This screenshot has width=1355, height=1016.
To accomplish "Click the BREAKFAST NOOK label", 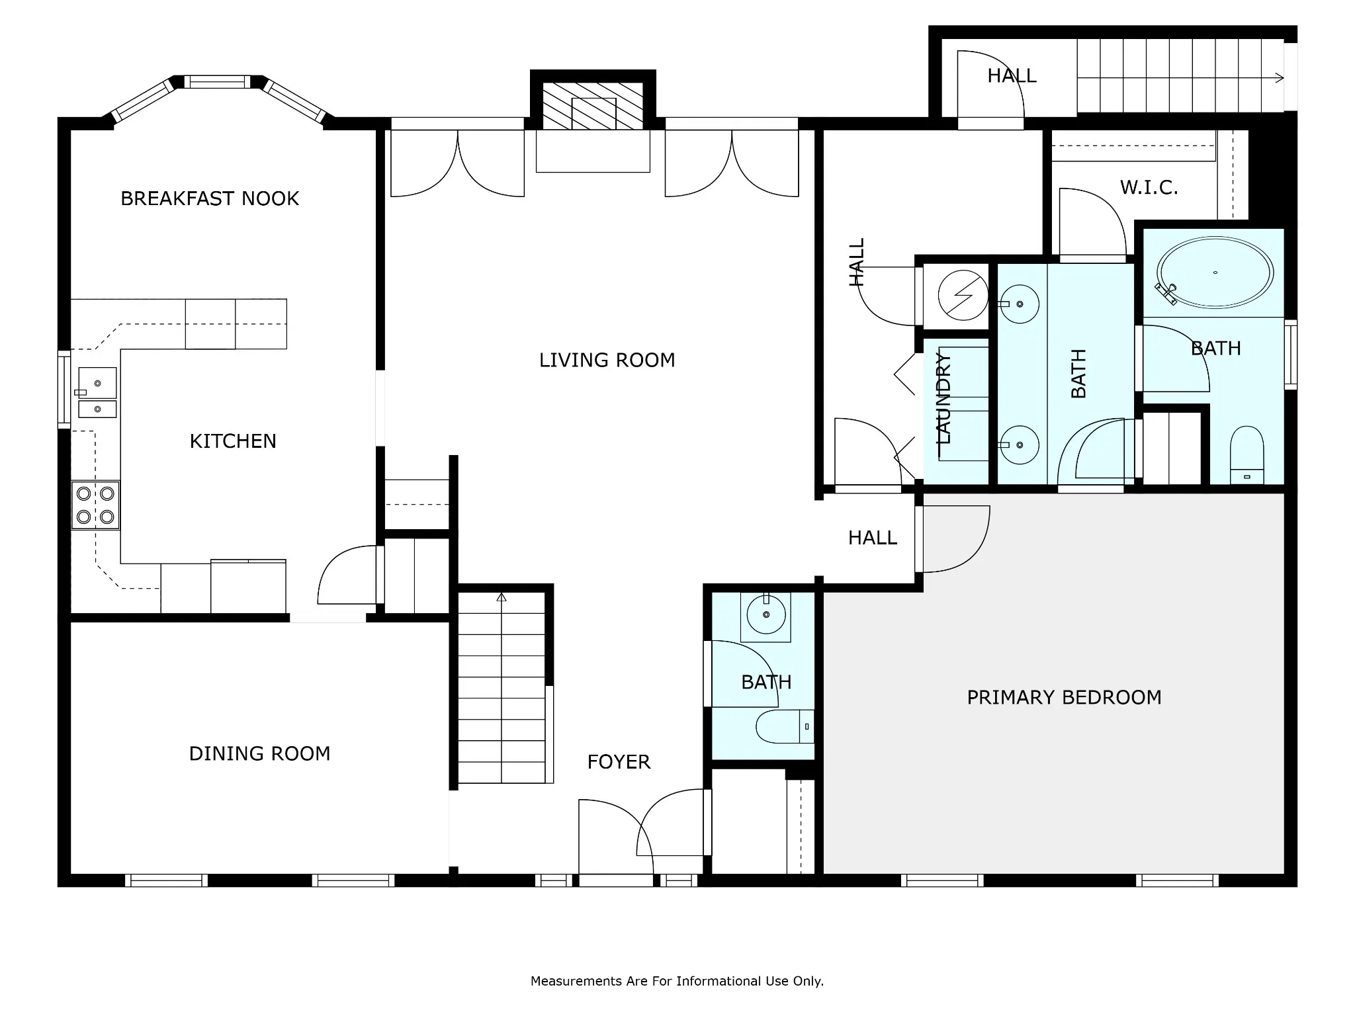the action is tap(210, 198).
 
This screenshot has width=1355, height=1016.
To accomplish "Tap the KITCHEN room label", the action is tap(233, 441).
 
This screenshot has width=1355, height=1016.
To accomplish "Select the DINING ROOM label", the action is tap(259, 753).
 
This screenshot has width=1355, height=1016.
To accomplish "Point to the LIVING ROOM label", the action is tap(607, 360).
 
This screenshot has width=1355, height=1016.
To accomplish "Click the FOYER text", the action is tap(619, 762).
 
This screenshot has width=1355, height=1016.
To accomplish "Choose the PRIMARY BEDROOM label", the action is tap(1064, 697).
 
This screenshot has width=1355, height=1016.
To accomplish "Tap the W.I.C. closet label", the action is tap(1149, 188).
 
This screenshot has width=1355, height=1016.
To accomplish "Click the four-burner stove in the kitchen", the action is tap(95, 505).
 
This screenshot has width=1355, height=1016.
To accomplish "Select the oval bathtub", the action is tap(1215, 273).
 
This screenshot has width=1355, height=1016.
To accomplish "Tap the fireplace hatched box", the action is tap(593, 106).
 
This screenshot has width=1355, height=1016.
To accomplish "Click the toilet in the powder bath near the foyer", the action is tap(785, 727).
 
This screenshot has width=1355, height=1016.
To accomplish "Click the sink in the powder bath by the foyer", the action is tap(766, 615).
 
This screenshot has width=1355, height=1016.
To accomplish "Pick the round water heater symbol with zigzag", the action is tap(963, 296).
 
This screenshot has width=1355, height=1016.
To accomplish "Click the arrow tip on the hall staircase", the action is tap(1283, 78).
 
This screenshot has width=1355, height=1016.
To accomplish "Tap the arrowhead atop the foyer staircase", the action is tap(502, 597).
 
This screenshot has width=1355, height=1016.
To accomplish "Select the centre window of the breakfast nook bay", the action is tap(217, 82).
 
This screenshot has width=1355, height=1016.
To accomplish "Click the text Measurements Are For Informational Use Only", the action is tap(677, 981).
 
